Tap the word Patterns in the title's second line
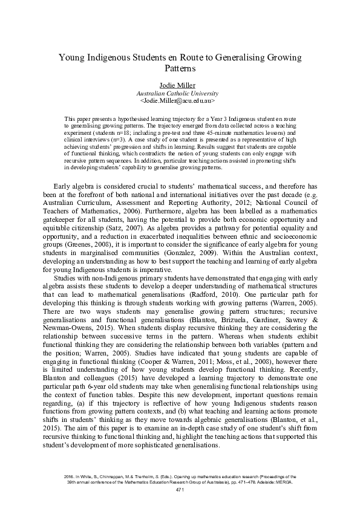pos(180,70)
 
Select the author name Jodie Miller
pos(180,86)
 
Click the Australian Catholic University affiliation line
pos(180,94)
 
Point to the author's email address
pos(180,102)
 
